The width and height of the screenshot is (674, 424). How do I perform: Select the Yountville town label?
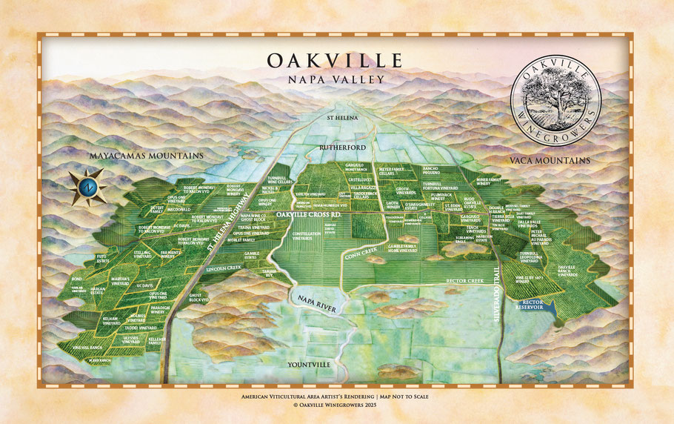pos(314,365)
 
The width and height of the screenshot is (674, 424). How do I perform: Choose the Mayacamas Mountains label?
pos(146,156)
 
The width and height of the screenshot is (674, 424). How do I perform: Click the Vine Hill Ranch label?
pos(90,347)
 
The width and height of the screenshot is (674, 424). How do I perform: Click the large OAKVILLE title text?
pos(335,59)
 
